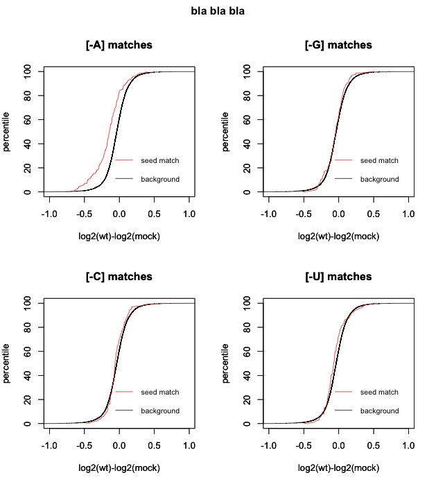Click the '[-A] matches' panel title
click(x=119, y=45)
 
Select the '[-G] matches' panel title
click(x=338, y=45)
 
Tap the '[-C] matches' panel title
click(x=119, y=277)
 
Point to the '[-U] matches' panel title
click(x=338, y=277)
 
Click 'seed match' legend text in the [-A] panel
click(x=160, y=160)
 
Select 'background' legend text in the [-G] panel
click(x=379, y=179)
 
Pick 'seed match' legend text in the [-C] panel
click(x=160, y=392)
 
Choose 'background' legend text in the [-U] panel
click(x=379, y=411)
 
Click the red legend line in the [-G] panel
click(x=344, y=160)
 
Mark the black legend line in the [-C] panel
click(x=125, y=411)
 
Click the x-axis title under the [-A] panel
click(x=119, y=236)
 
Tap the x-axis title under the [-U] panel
click(x=338, y=468)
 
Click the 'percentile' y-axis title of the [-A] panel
click(x=7, y=131)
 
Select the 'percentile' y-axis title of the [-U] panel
click(x=226, y=363)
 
